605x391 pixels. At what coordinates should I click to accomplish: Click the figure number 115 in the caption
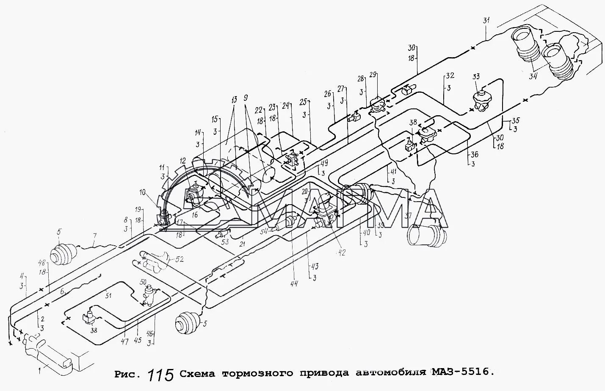[161, 374]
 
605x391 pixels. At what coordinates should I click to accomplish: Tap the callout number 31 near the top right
[486, 20]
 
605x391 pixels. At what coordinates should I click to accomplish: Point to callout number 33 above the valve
[476, 77]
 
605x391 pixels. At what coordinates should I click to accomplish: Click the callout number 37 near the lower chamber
[408, 216]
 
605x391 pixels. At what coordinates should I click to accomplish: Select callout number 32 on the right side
[449, 76]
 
